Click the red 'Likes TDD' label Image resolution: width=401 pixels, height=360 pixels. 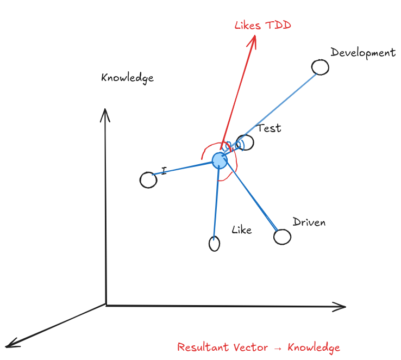[263, 26]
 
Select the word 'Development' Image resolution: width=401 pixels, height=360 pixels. [363, 53]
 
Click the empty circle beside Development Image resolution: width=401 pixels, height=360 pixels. [320, 67]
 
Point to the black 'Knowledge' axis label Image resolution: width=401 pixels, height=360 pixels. [127, 78]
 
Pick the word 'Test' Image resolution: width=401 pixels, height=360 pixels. [270, 128]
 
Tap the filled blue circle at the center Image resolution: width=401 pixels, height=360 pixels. [220, 160]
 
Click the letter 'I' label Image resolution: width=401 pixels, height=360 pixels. [164, 171]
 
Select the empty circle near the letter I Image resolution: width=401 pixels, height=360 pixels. [148, 180]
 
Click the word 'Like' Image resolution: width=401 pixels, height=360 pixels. [242, 230]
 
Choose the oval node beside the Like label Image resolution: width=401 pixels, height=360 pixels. [214, 243]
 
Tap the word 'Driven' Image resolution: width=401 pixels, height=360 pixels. [309, 222]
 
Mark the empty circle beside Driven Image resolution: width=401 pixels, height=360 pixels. [282, 237]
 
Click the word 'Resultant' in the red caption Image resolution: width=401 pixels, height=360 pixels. [203, 347]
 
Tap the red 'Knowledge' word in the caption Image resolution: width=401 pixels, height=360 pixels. [314, 347]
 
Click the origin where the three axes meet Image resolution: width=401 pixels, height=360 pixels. [106, 305]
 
